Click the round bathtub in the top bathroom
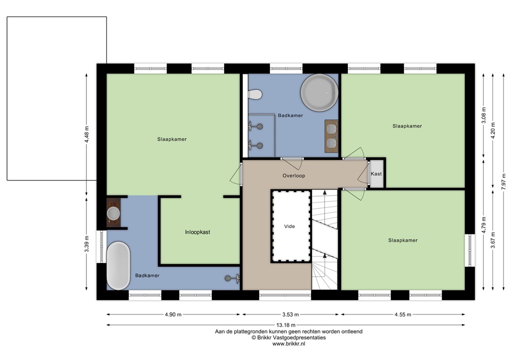[319, 93]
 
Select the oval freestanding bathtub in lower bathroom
[118, 265]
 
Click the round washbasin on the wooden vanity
[113, 213]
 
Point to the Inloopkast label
[197, 232]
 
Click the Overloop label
[293, 175]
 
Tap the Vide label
[289, 226]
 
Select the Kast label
[376, 174]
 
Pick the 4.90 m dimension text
[172, 314]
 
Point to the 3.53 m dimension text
[290, 314]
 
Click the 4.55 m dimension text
[402, 314]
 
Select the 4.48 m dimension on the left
[86, 133]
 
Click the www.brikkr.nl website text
[288, 343]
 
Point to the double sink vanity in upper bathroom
[330, 136]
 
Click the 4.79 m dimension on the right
[483, 225]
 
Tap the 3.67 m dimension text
[493, 240]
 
